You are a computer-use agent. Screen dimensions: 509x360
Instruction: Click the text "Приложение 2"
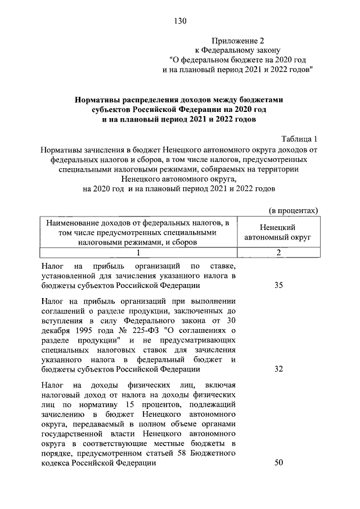[237, 40]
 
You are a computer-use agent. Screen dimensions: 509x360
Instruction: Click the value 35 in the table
[278, 286]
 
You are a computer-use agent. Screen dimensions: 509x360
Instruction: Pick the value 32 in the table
[278, 370]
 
